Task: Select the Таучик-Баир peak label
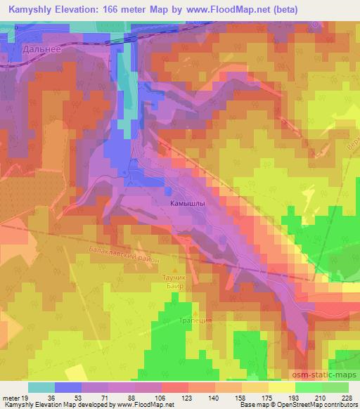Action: (173, 283)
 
